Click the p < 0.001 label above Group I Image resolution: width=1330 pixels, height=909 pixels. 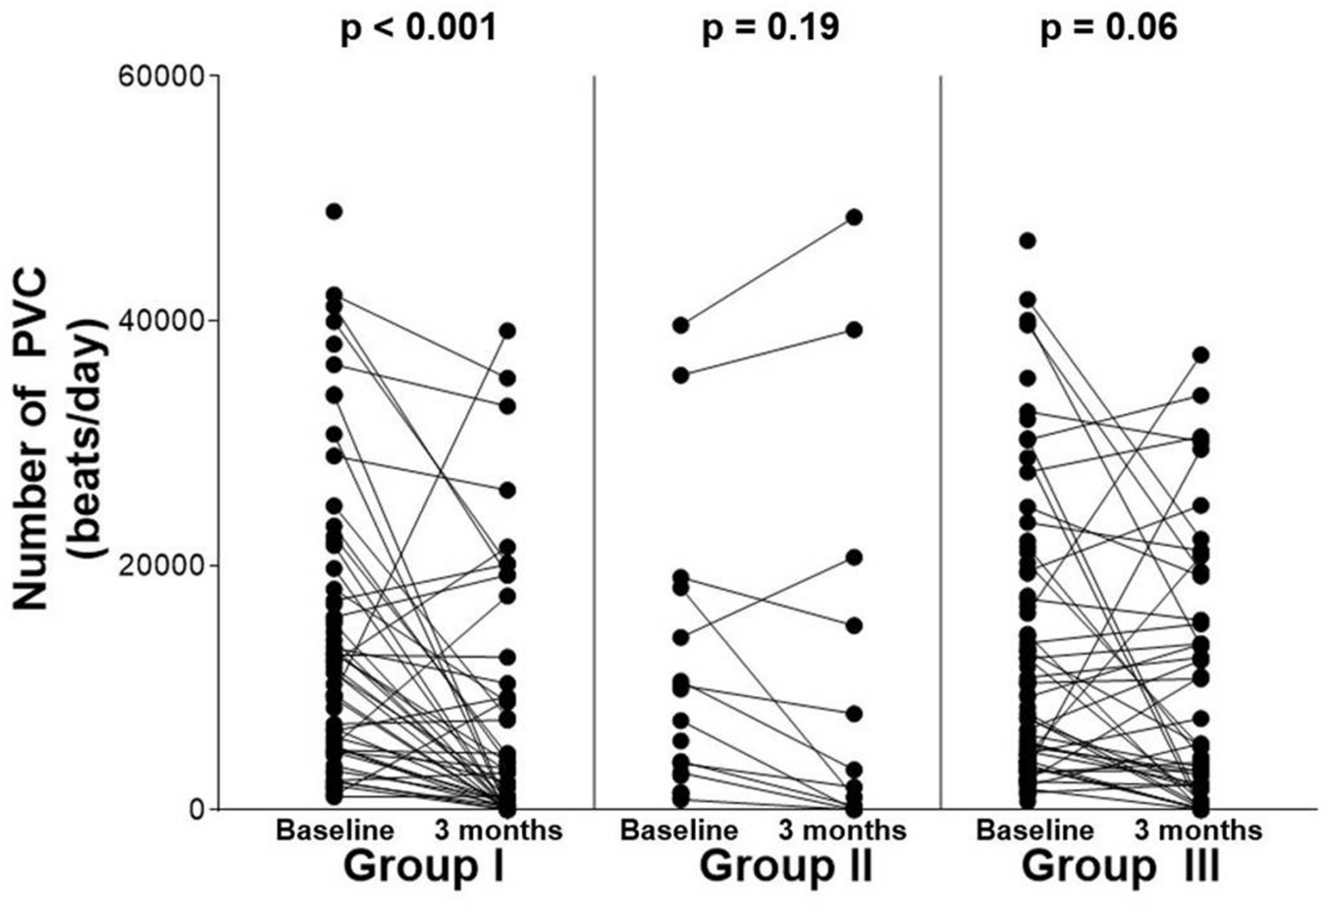[x=418, y=29]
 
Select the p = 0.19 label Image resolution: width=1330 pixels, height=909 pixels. [x=770, y=29]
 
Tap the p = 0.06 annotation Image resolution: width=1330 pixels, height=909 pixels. [x=1109, y=29]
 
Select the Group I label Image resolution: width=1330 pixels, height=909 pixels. [x=424, y=867]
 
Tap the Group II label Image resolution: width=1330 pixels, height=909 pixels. [x=786, y=867]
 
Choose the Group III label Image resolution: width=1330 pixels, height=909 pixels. [x=1121, y=867]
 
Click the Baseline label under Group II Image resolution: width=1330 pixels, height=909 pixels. [x=679, y=830]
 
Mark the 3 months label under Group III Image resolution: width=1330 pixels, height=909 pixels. [x=1198, y=830]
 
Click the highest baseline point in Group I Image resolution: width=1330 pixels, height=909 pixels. [x=334, y=212]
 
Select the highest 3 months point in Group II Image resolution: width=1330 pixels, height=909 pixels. [x=854, y=217]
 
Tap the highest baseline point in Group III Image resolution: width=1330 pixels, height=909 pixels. [x=1027, y=241]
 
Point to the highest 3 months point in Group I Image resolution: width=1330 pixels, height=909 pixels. [x=507, y=331]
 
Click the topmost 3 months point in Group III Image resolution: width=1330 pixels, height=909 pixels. [x=1200, y=355]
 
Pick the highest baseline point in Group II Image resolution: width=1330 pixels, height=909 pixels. [x=680, y=326]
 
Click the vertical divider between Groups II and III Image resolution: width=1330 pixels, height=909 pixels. [x=940, y=441]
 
